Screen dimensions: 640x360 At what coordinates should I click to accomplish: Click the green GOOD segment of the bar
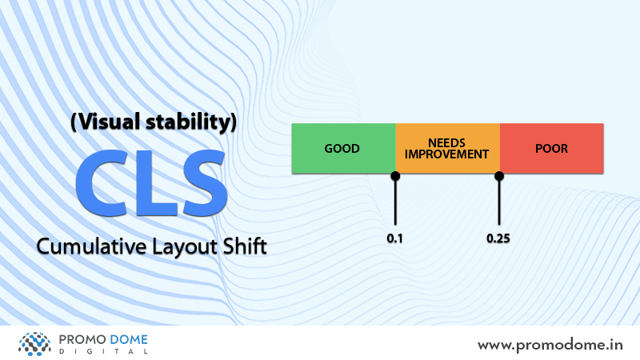344,148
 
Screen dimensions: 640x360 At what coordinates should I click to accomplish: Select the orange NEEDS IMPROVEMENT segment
448,148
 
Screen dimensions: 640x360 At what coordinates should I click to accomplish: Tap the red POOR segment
552,148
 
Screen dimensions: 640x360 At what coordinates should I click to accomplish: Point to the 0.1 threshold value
394,238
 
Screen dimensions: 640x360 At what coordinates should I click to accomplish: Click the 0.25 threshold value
498,238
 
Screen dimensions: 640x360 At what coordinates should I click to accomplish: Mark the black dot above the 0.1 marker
395,176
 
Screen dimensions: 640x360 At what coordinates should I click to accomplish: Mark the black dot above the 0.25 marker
499,176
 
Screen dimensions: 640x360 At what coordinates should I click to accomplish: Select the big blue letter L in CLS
156,183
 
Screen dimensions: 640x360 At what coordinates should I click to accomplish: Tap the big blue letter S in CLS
205,183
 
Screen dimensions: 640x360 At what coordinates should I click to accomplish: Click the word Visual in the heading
106,122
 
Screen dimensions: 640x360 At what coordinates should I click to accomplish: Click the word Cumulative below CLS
91,246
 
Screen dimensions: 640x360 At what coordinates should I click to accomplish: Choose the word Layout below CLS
185,247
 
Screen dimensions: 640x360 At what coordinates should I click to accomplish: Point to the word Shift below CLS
245,246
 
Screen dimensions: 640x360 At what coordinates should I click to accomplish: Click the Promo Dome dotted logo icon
34,344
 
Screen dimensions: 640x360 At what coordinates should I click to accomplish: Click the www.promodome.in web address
550,346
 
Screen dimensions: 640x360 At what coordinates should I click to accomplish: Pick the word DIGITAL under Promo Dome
103,351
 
